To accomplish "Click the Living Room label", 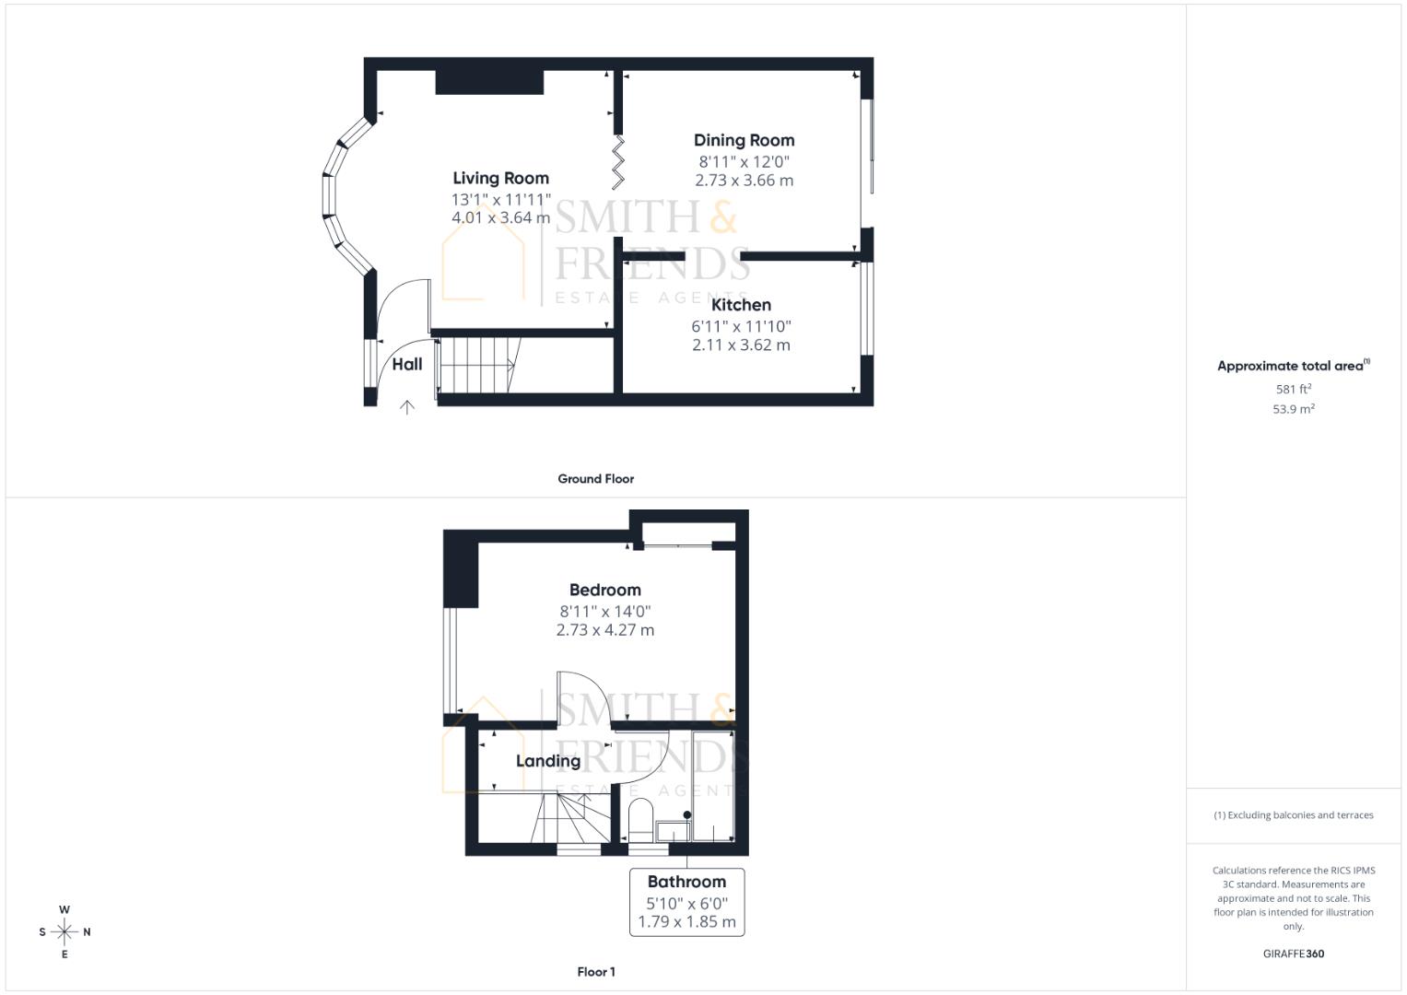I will (500, 179).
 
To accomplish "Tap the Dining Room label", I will (744, 140).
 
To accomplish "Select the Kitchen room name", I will (741, 305).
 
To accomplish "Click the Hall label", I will (407, 364).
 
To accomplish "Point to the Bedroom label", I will (604, 590).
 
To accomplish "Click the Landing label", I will (548, 761).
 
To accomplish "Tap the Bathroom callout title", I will (686, 882).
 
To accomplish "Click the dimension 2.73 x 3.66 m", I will (744, 181).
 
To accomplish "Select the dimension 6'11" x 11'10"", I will (741, 326).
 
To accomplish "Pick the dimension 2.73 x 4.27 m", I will (604, 630).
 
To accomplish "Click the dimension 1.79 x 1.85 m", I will (686, 921).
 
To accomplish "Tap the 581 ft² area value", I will (1293, 390).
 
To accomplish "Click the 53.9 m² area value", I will (1293, 409).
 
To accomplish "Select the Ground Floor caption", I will (595, 479).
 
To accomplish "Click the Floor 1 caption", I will (595, 972).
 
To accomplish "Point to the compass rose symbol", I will (64, 932).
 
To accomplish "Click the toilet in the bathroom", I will (640, 818).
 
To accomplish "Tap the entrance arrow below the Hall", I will (406, 406).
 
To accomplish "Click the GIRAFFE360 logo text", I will (1293, 954).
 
